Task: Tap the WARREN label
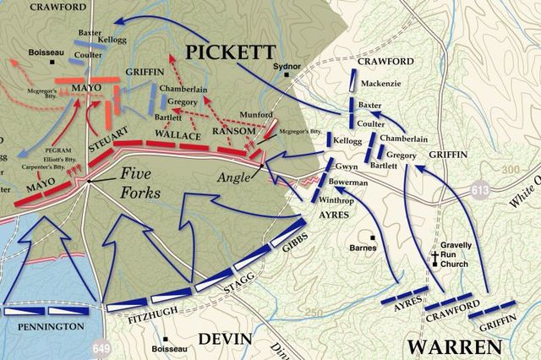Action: (x=454, y=347)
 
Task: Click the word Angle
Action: (x=232, y=177)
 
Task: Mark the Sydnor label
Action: (x=287, y=64)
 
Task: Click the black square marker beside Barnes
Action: (x=372, y=237)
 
